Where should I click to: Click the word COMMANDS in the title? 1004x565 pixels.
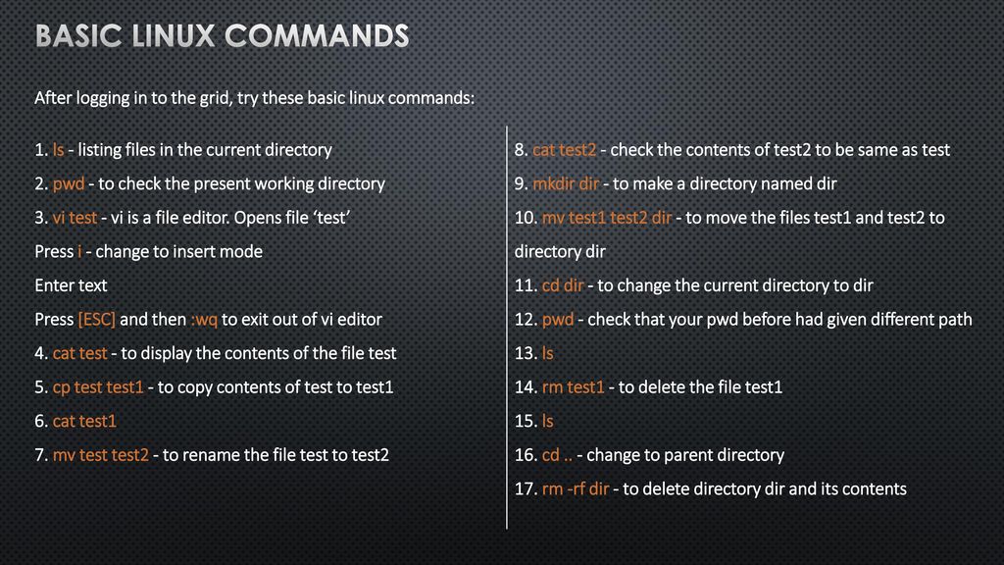[317, 36]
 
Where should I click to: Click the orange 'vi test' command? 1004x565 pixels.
[75, 218]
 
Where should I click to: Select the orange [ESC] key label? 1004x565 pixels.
[97, 320]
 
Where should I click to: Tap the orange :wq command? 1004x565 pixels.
[204, 320]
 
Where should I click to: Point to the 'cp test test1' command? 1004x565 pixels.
[98, 387]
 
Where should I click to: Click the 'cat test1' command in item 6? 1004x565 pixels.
[84, 421]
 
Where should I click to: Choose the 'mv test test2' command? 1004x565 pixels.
[101, 455]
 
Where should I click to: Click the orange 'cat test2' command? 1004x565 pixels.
[564, 150]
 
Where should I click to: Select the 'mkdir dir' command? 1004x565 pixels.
[566, 183]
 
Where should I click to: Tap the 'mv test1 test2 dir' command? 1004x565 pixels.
[607, 218]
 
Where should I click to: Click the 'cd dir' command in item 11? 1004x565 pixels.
[563, 285]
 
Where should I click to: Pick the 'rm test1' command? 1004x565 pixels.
[573, 386]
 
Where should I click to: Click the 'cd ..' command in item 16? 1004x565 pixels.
[557, 455]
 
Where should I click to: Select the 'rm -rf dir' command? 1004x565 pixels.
[576, 488]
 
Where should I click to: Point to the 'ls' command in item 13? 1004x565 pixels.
[547, 353]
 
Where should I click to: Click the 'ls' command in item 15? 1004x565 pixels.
[547, 421]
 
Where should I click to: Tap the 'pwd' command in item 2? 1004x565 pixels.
[69, 184]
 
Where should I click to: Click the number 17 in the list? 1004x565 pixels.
[525, 488]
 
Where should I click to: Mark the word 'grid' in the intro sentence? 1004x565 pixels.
[215, 99]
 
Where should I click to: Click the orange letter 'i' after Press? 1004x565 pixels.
[79, 251]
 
